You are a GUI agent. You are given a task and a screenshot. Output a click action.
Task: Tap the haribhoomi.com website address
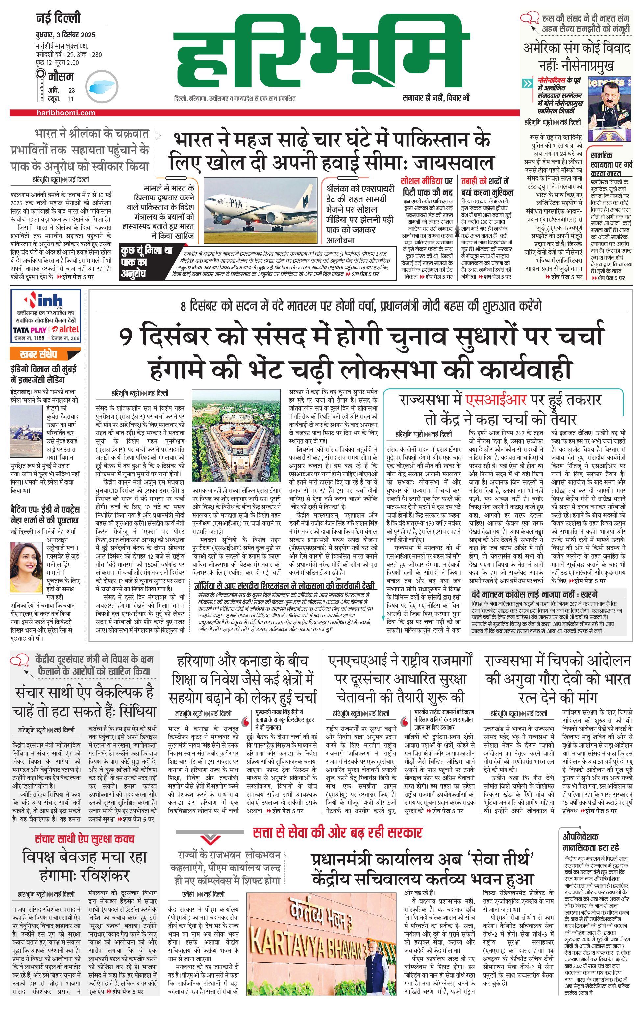(66, 113)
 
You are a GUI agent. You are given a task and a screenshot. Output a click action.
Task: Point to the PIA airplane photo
(260, 204)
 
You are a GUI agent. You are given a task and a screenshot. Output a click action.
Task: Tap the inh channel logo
(45, 300)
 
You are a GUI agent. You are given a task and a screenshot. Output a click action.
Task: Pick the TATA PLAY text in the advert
(30, 330)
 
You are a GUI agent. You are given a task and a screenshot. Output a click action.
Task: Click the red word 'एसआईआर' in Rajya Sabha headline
(496, 400)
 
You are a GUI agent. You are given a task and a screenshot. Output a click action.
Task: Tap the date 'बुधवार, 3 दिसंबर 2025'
(66, 35)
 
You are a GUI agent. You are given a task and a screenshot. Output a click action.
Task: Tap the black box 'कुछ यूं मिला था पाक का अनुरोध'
(146, 262)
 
